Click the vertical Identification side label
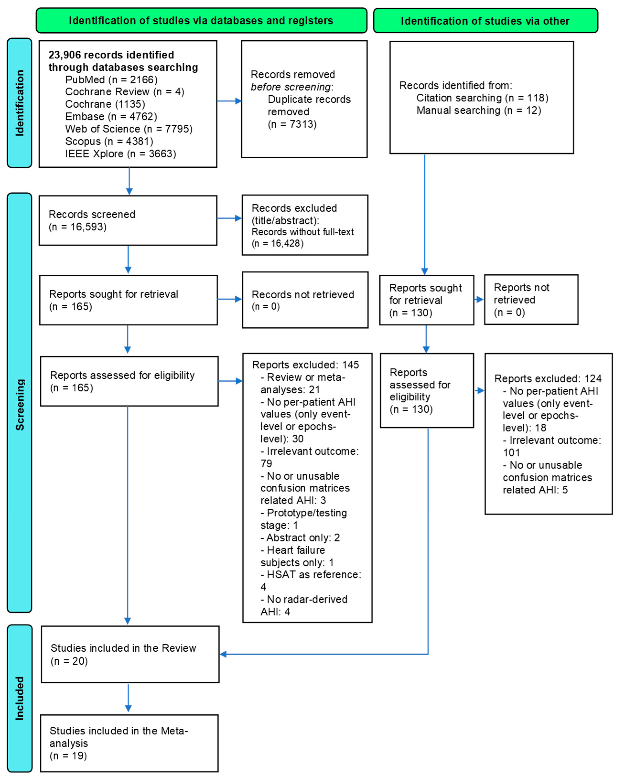coord(20,103)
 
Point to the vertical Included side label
coord(20,698)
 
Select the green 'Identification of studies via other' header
coord(485,21)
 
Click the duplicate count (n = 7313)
coord(292,124)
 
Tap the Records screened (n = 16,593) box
coord(128,220)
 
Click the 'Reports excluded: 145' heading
coord(306,365)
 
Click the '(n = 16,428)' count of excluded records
coord(278,243)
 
